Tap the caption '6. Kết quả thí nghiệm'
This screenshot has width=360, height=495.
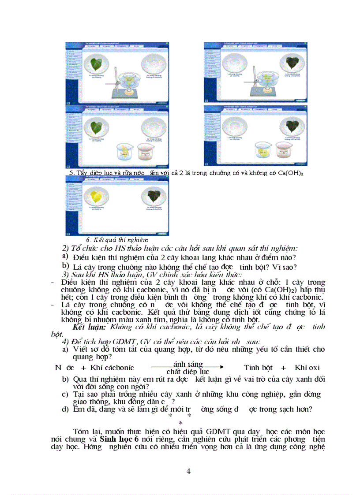coord(117,240)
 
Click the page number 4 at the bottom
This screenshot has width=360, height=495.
coord(189,471)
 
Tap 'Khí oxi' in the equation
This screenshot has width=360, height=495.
coord(307,368)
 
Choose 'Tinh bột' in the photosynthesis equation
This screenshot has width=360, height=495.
coord(258,368)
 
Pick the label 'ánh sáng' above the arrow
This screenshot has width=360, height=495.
coord(188,364)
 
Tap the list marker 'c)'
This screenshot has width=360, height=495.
coord(65,394)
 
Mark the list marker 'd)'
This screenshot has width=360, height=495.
coord(65,409)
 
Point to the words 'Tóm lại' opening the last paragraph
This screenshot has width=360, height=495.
coord(85,432)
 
